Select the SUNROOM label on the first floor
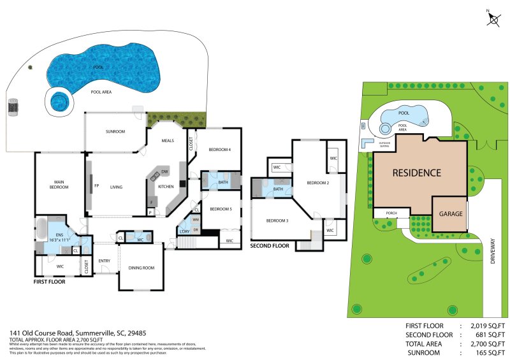click(115, 131)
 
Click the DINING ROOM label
click(142, 268)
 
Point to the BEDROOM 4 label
click(219, 150)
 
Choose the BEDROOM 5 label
click(220, 209)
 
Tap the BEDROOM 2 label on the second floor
click(317, 183)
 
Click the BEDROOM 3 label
click(277, 220)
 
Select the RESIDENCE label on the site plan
click(416, 173)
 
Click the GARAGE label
click(450, 214)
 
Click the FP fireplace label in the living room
click(97, 187)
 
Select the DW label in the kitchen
click(164, 172)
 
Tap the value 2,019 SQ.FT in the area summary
click(488, 326)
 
